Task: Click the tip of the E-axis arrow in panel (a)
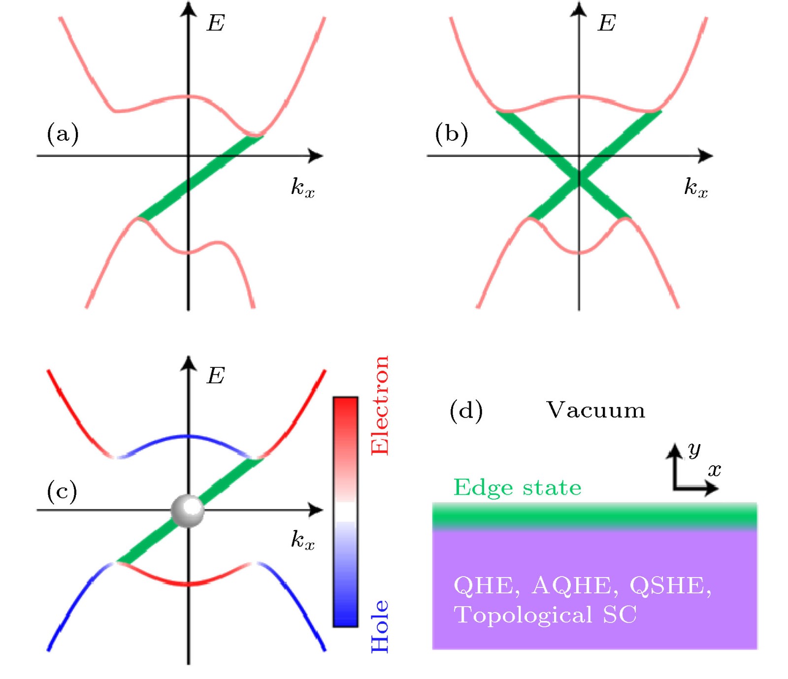(x=188, y=2)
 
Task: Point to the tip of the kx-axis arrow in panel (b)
(x=713, y=156)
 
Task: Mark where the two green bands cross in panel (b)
(x=579, y=177)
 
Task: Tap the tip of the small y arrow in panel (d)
(x=674, y=444)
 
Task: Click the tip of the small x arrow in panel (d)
(x=719, y=488)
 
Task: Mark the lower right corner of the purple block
(x=756, y=649)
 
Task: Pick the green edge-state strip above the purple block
(x=594, y=516)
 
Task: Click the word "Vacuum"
(x=595, y=410)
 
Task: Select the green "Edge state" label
(x=517, y=487)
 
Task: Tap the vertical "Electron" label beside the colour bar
(x=380, y=405)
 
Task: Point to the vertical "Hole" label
(x=380, y=626)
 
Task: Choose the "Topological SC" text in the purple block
(x=545, y=615)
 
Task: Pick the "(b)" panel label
(x=451, y=133)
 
